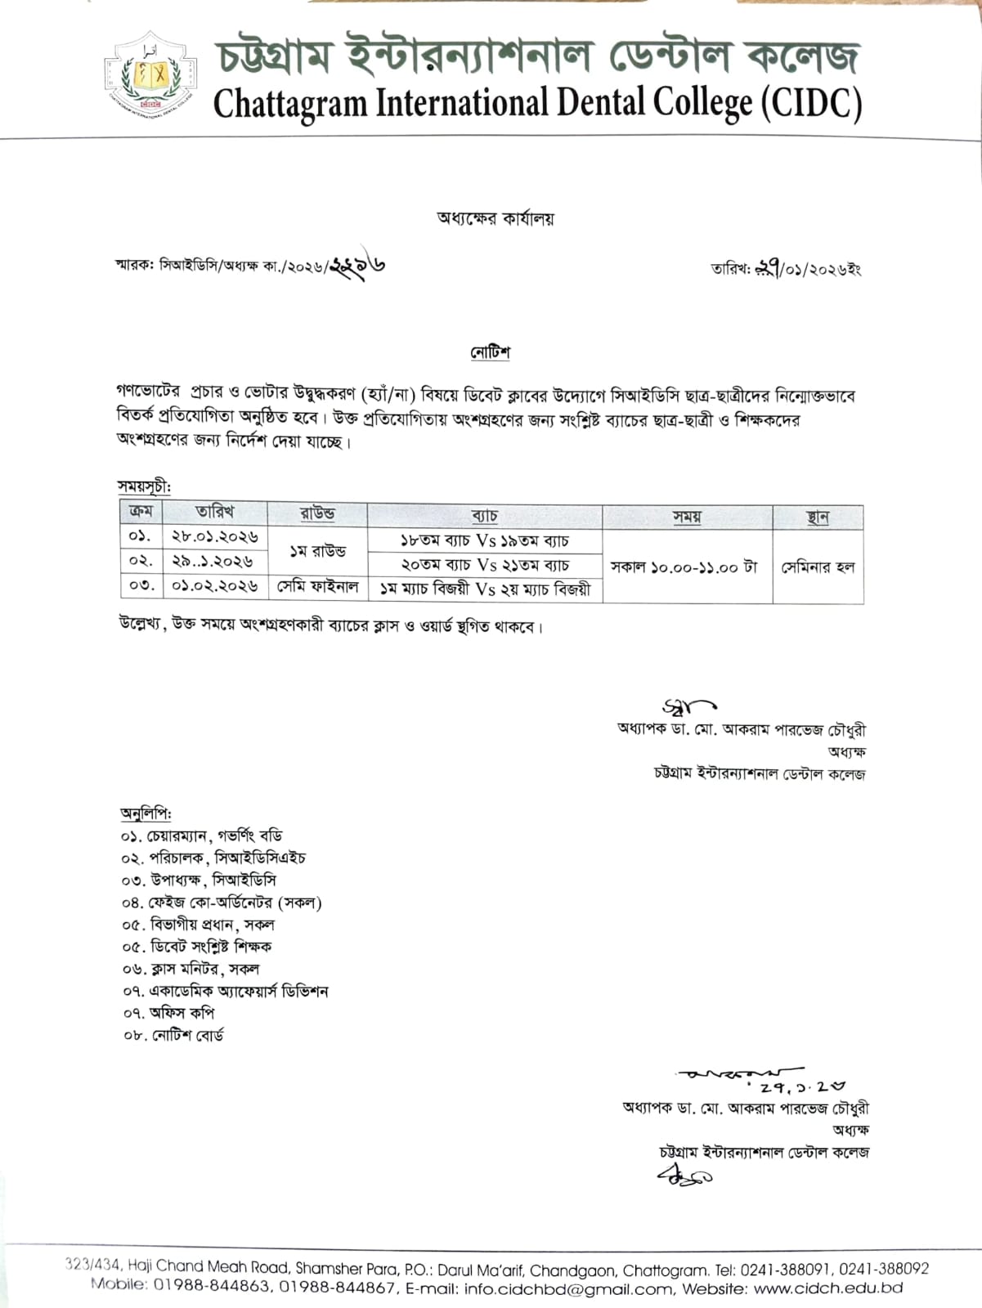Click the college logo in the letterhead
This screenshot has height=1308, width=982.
coord(150,74)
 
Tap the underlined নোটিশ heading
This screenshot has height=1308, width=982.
coord(491,352)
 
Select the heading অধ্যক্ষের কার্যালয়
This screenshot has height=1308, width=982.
coord(495,218)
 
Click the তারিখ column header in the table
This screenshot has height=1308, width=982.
coord(215,513)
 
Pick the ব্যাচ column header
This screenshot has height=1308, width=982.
coord(484,516)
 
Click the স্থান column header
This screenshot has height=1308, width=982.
coord(818,517)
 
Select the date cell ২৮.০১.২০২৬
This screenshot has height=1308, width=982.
coord(215,537)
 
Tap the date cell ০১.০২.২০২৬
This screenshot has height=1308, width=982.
coord(215,586)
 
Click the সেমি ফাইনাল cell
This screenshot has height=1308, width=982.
coord(317,587)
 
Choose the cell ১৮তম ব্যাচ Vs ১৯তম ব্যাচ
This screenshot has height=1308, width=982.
coord(484,540)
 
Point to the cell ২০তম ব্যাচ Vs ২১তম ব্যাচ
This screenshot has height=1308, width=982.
coord(484,565)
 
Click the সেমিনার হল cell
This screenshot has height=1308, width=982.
coord(818,567)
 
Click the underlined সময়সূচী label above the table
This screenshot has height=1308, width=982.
coord(144,486)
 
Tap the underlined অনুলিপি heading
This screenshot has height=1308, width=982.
coord(146,813)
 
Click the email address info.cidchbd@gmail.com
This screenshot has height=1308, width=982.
coord(556,1288)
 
